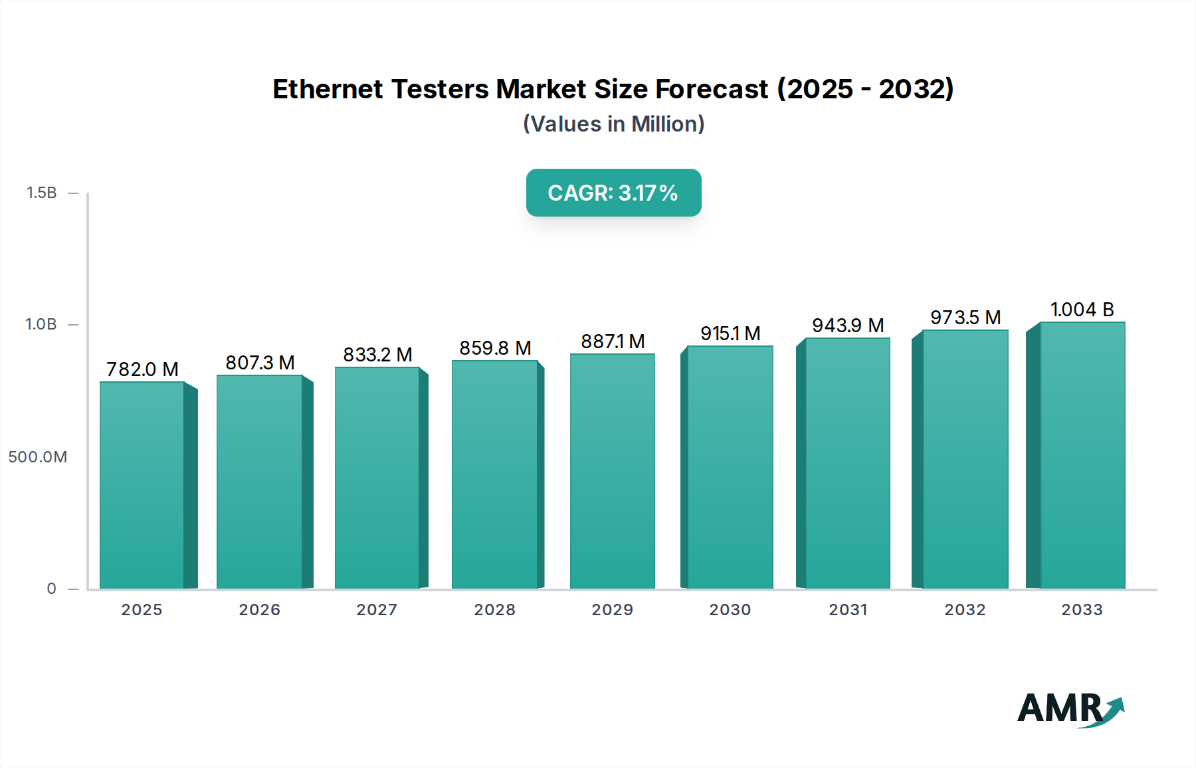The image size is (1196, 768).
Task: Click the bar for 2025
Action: (x=142, y=485)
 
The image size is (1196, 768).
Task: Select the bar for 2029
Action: (x=612, y=471)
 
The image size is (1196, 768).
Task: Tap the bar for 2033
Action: (x=1082, y=455)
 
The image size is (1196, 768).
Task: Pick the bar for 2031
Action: (x=847, y=463)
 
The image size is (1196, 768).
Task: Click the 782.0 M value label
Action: (x=142, y=369)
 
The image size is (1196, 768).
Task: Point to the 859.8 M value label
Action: (x=495, y=348)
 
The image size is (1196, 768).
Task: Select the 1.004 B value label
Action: (x=1082, y=310)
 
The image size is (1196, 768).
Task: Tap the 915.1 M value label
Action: (x=730, y=334)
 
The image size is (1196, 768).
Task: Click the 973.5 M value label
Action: (x=965, y=318)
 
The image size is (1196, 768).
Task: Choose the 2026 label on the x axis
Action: (x=260, y=610)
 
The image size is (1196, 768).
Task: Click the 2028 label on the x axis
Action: (x=495, y=610)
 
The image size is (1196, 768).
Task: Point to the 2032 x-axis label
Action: (x=965, y=610)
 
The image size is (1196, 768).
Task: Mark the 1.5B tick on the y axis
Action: (x=42, y=193)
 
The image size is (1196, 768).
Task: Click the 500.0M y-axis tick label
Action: (x=38, y=457)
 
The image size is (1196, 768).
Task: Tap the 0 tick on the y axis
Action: (x=52, y=589)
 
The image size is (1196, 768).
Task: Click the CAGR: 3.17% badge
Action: (x=613, y=193)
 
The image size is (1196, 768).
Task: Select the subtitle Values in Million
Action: (x=613, y=124)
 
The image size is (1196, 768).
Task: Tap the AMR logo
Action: (x=1070, y=708)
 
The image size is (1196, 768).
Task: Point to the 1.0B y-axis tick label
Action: (x=41, y=324)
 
